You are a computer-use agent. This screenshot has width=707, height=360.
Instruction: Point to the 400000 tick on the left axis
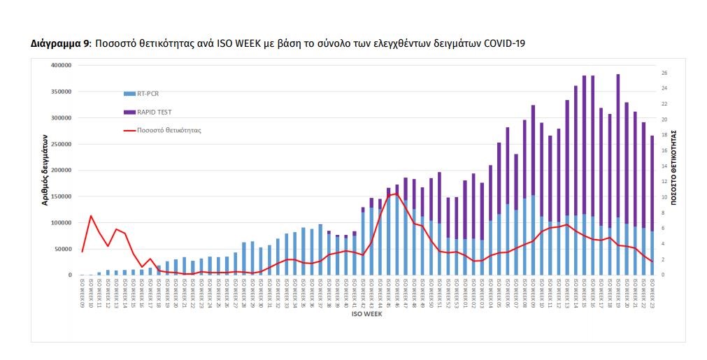tap(62, 65)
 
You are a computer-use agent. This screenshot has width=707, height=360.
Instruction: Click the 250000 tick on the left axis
tap(62, 144)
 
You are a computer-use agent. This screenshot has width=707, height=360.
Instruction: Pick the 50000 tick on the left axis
tap(63, 249)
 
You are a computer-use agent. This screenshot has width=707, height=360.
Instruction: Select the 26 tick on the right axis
tap(664, 73)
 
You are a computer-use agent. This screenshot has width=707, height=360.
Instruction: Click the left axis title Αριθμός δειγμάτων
tap(44, 170)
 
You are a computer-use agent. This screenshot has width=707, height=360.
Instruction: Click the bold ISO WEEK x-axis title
tap(366, 314)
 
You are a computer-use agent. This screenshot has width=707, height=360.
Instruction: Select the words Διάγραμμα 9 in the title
tap(60, 44)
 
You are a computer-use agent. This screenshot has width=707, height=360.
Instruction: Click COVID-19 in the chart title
tap(502, 44)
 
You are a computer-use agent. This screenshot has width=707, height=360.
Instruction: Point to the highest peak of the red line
tap(397, 194)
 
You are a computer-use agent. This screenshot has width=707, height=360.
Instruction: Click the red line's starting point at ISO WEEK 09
tap(83, 252)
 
